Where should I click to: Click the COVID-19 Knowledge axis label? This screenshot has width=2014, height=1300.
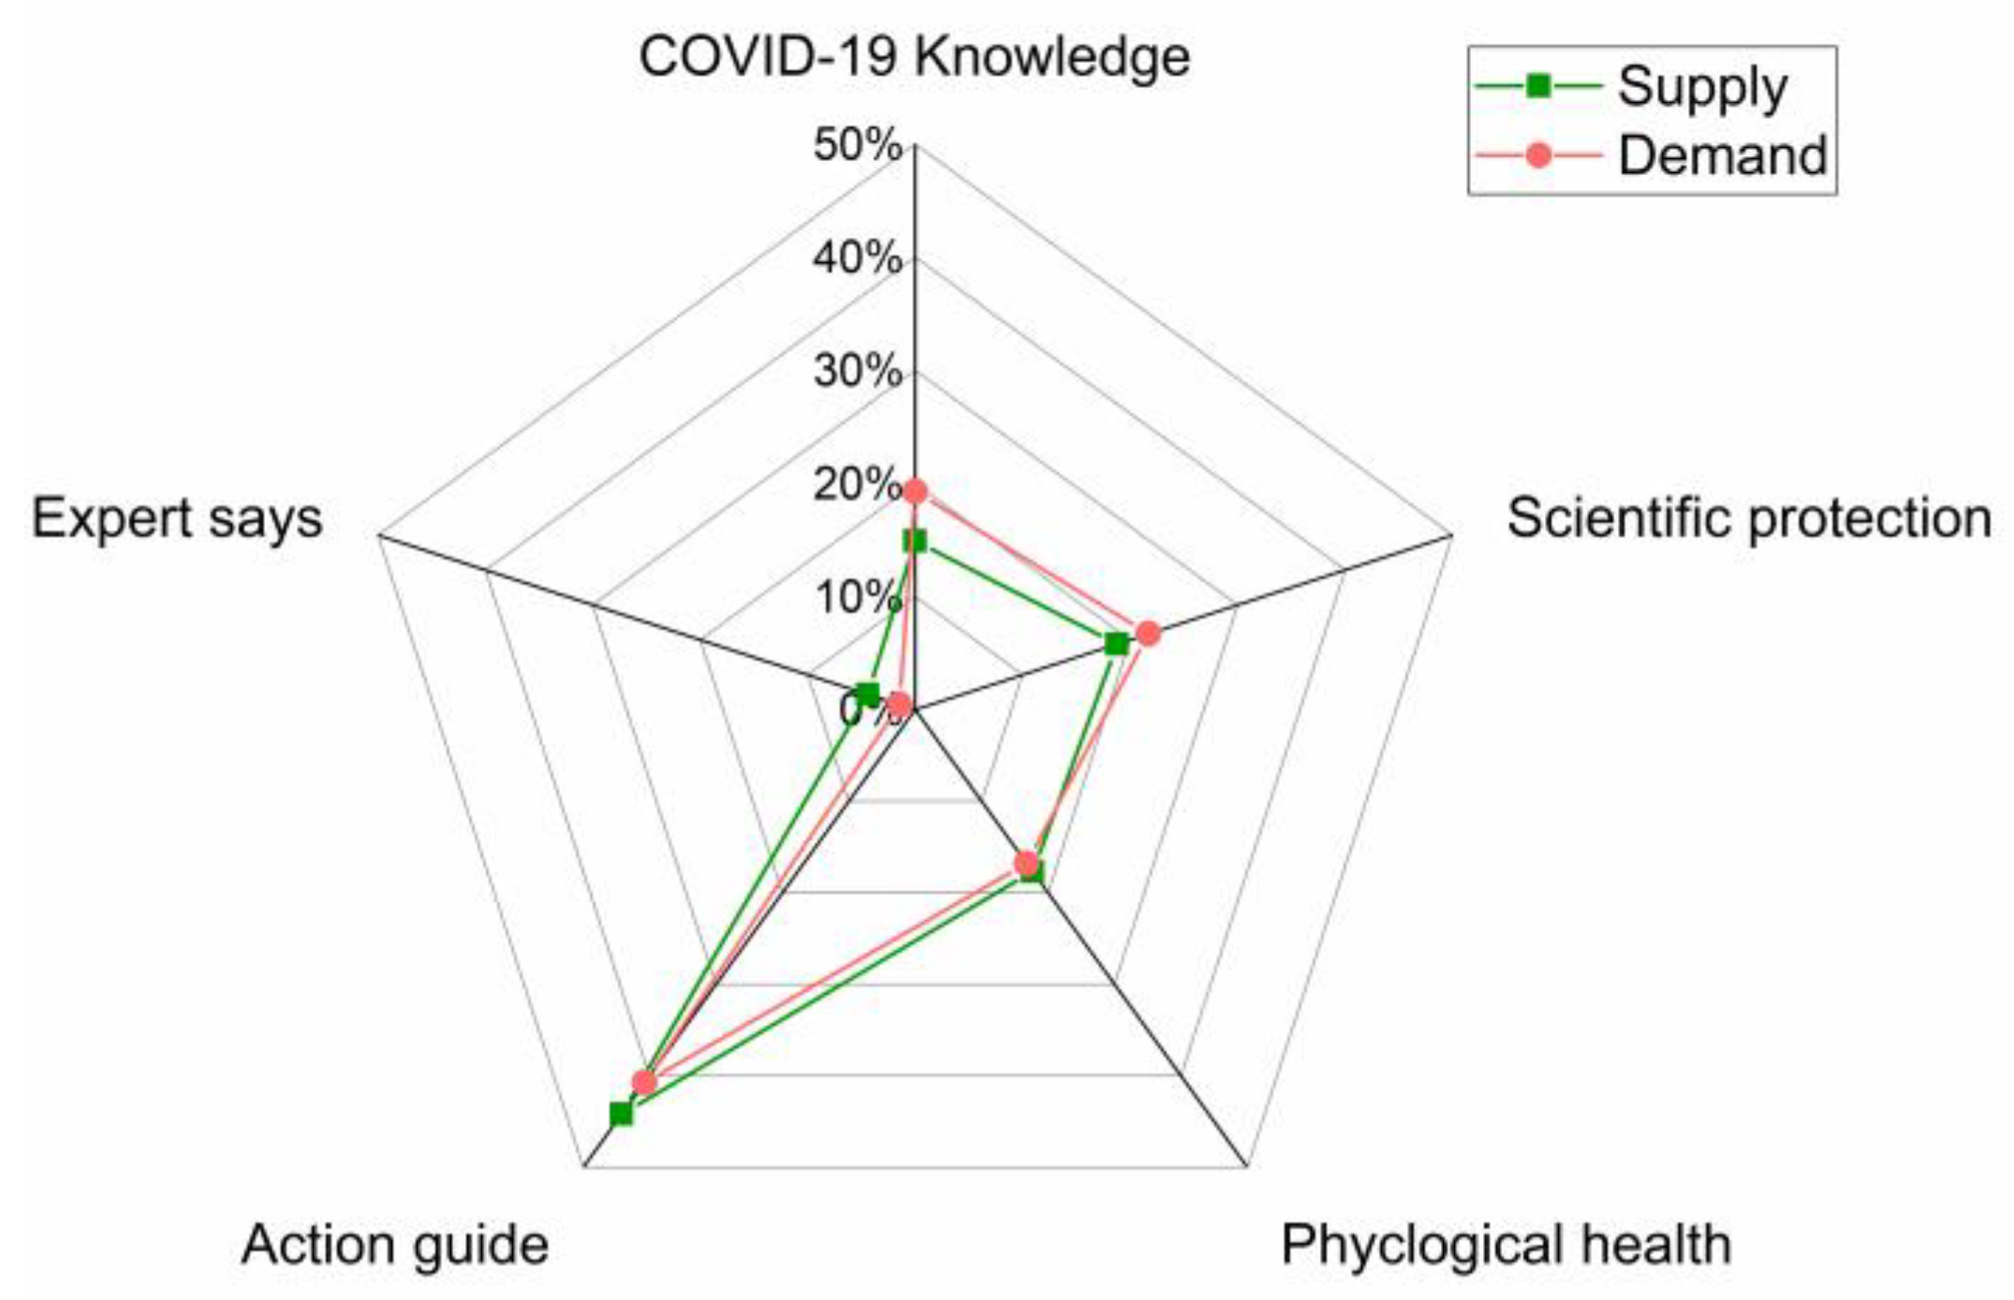click(914, 58)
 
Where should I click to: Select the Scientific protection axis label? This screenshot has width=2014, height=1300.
click(1748, 518)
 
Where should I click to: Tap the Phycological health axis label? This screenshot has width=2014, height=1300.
click(1506, 1245)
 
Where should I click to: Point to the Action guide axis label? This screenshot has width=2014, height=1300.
click(395, 1245)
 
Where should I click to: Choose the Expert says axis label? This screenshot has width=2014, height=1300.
click(177, 518)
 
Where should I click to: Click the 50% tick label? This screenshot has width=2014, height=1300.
click(858, 146)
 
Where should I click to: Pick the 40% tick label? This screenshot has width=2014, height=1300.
click(858, 258)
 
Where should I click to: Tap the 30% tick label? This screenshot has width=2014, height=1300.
click(858, 372)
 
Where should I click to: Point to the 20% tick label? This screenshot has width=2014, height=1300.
click(856, 485)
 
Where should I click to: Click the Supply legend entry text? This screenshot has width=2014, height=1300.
click(1702, 87)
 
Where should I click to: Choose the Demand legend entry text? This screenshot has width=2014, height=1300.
click(1723, 154)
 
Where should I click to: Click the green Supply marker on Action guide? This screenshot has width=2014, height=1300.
click(621, 1114)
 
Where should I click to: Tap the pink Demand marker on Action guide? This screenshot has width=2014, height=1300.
click(644, 1083)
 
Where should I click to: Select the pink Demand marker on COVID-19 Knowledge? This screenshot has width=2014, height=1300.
click(915, 490)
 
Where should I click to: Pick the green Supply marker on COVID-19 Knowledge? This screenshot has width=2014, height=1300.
click(915, 541)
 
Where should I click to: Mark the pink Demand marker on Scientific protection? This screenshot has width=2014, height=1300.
click(1148, 634)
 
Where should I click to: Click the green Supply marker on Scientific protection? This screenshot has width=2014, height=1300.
click(1116, 644)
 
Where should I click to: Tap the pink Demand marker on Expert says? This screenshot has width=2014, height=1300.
click(899, 705)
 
